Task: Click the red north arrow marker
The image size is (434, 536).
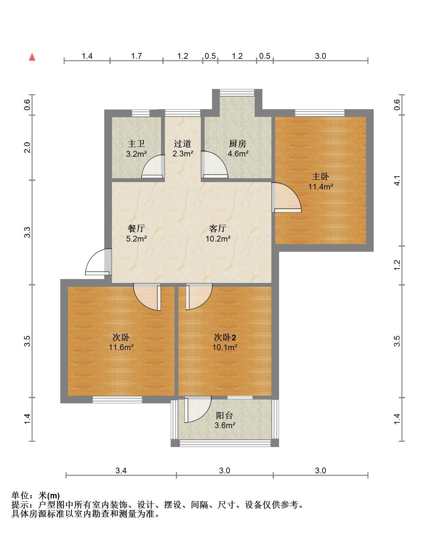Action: click(x=32, y=57)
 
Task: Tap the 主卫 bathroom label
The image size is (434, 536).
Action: click(x=136, y=144)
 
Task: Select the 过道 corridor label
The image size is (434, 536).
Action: click(x=183, y=144)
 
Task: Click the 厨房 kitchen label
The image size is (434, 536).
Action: click(x=238, y=144)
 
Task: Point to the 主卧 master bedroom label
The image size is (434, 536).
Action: click(x=320, y=177)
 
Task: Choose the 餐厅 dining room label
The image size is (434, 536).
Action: click(x=136, y=228)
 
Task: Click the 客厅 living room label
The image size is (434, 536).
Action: click(x=218, y=228)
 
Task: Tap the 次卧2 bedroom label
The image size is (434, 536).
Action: click(x=225, y=337)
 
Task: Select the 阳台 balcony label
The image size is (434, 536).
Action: click(x=225, y=415)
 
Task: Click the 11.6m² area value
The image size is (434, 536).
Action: click(x=121, y=347)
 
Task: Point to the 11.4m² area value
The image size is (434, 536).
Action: click(x=321, y=187)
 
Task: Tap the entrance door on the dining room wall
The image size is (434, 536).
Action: click(x=98, y=262)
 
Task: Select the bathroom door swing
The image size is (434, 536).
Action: click(x=153, y=166)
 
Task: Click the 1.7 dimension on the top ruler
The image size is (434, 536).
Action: click(x=136, y=56)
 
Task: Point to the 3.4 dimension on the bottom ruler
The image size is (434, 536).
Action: click(x=121, y=470)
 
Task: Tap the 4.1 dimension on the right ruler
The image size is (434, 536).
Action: click(x=397, y=180)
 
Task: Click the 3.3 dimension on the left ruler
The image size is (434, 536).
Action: click(x=28, y=232)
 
